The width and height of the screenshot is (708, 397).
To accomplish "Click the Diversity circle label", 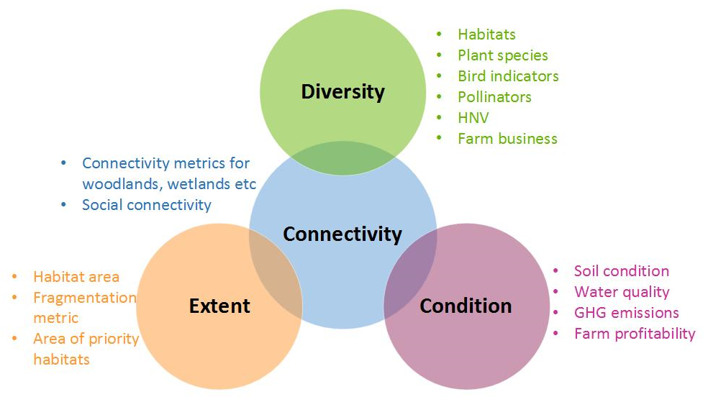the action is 342,91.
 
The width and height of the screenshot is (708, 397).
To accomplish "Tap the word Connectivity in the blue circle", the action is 342,234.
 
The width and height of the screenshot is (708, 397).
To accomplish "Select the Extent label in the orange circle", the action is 219,306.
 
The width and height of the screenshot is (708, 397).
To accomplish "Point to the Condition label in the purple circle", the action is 466,306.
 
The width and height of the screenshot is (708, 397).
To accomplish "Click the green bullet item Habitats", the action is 486,35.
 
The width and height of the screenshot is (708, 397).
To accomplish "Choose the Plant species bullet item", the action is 502,55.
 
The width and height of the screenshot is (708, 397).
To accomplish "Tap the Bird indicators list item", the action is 508,76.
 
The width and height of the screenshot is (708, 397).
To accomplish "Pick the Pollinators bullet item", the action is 494,97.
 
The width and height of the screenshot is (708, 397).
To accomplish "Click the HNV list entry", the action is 473,118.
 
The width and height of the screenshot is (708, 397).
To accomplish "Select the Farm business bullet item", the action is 507,139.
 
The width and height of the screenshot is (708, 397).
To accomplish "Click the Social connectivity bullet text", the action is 147,205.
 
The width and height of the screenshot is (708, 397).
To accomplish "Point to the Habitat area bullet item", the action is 76,277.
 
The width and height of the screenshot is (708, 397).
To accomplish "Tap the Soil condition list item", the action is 622,271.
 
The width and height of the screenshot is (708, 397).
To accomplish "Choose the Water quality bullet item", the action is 622,292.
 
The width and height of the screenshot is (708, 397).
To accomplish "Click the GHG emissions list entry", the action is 626,313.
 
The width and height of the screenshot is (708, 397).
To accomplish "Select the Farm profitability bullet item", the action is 635,334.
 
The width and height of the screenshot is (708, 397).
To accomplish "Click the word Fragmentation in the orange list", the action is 85,298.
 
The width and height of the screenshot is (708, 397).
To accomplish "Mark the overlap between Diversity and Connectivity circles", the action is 342,158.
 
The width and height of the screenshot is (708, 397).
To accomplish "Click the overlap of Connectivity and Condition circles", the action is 410,275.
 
